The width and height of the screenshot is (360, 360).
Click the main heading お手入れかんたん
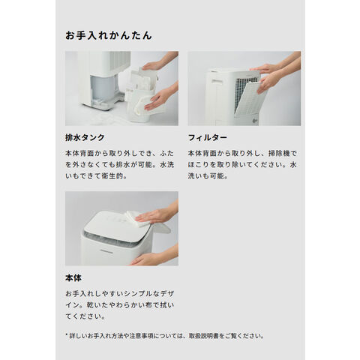coord(109,35)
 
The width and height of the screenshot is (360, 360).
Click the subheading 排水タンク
coord(85,137)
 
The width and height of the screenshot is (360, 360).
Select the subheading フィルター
coord(208,137)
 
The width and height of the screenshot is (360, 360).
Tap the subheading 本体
coord(73,277)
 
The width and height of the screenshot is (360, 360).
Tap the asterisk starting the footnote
coord(67,334)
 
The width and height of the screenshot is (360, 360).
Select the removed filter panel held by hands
coord(249,99)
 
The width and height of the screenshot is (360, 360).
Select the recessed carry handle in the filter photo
coord(217,81)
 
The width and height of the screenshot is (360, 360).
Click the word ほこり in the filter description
coord(199,165)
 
